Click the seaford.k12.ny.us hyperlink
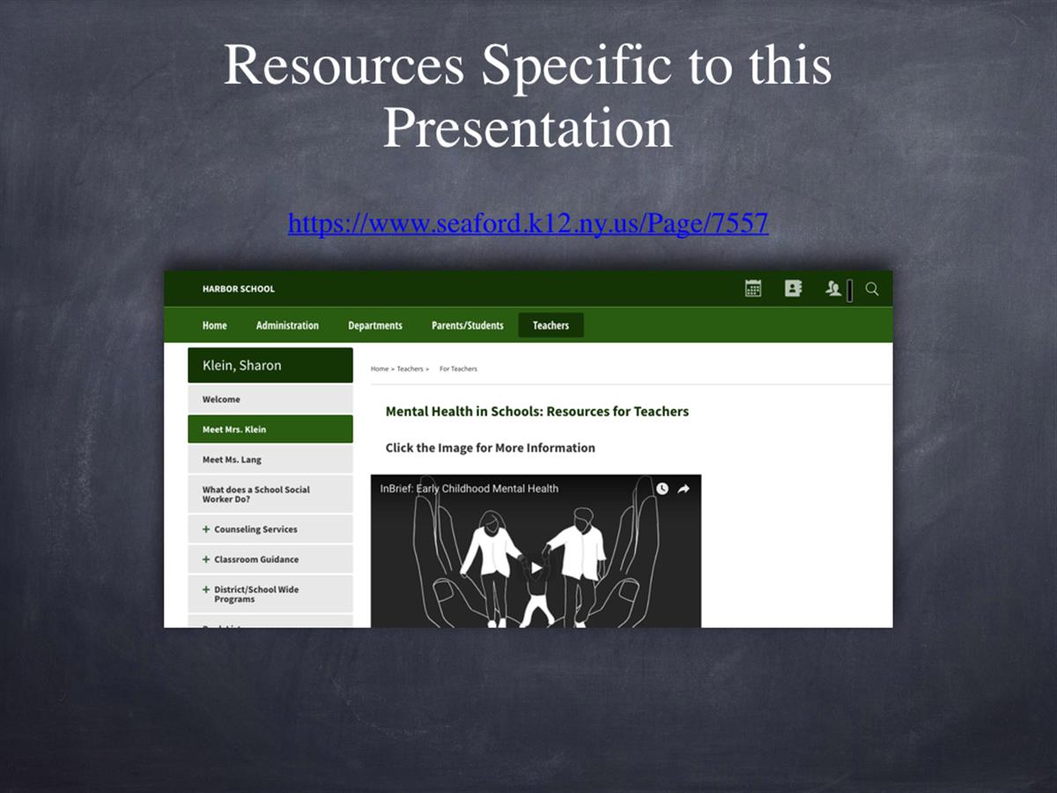(x=528, y=224)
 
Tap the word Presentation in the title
(x=528, y=128)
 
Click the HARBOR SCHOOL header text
(x=239, y=289)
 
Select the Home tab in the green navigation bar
(x=214, y=325)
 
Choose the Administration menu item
(x=287, y=325)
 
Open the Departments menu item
(x=375, y=325)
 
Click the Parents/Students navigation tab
(x=468, y=325)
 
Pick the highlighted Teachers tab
(x=551, y=325)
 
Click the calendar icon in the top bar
(x=753, y=288)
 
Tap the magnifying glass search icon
(x=872, y=289)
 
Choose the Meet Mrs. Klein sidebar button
(x=270, y=429)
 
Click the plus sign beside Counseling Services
(x=206, y=530)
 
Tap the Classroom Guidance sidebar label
(x=256, y=560)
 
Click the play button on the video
(x=536, y=568)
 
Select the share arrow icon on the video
(x=684, y=489)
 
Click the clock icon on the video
(x=662, y=489)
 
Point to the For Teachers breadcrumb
(x=458, y=369)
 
